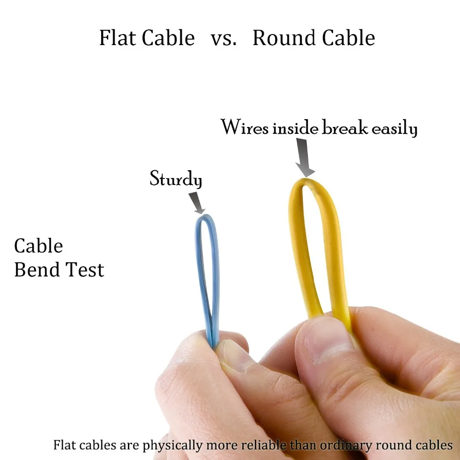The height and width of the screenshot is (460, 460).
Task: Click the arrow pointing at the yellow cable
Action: coord(303,159)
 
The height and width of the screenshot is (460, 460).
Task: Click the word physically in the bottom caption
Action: coord(172,446)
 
